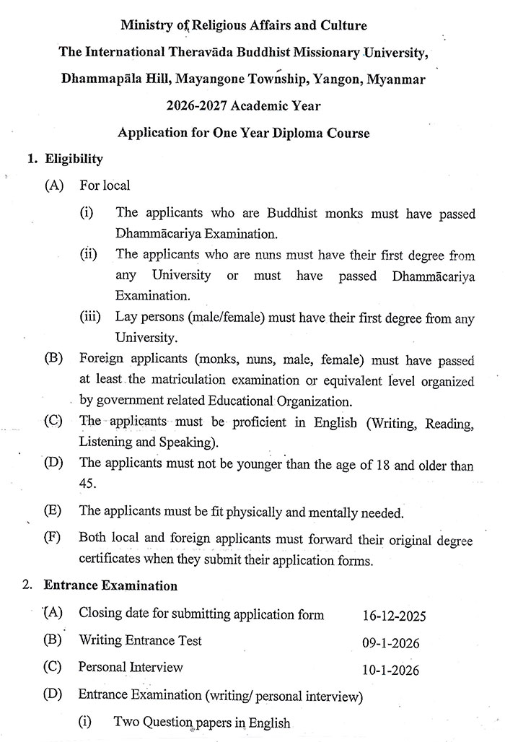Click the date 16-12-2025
click(x=395, y=616)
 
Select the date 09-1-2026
click(x=391, y=643)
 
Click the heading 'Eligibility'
click(x=74, y=159)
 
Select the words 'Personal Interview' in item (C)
click(x=131, y=667)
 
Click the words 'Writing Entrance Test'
click(x=140, y=640)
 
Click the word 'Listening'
click(x=105, y=442)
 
